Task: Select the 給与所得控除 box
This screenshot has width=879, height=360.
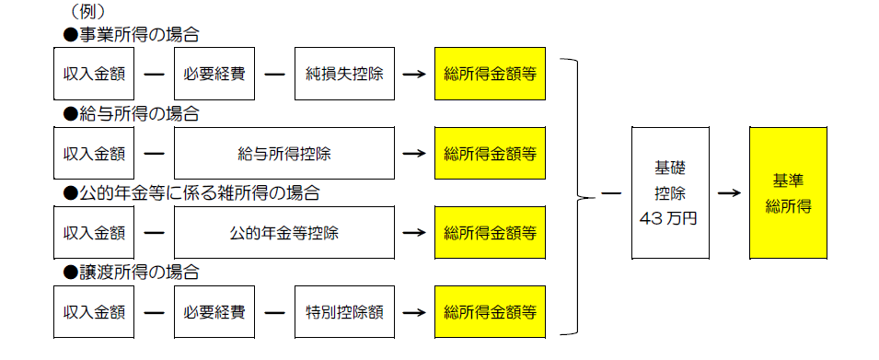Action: [283, 153]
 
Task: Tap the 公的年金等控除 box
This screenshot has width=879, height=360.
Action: [283, 232]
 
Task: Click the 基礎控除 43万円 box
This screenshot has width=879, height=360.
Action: [670, 193]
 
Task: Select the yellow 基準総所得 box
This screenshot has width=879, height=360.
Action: [787, 193]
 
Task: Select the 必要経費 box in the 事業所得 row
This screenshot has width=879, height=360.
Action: [214, 74]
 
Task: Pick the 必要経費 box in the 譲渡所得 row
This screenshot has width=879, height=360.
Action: [214, 311]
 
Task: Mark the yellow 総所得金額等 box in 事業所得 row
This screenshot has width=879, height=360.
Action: [490, 74]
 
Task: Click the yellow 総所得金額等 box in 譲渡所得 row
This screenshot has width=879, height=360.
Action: [490, 311]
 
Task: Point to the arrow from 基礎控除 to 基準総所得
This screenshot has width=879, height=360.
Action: [729, 193]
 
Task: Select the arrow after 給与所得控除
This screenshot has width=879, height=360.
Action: [414, 153]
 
